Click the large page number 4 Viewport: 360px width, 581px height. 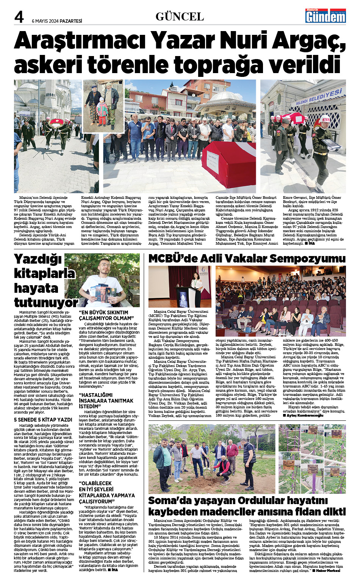pyautogui.click(x=19, y=17)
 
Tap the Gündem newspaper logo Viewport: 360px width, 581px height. pyautogui.click(x=326, y=16)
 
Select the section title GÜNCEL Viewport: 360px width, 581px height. pyautogui.click(x=180, y=17)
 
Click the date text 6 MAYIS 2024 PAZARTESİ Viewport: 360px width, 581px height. pyautogui.click(x=57, y=21)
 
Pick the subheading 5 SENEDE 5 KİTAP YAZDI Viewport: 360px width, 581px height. pyautogui.click(x=43, y=420)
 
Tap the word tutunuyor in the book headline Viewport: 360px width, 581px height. pyautogui.click(x=45, y=303)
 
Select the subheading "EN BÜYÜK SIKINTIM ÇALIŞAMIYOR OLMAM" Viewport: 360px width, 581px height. pyautogui.click(x=106, y=315)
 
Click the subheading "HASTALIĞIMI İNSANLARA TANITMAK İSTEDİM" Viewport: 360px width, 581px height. pyautogui.click(x=106, y=401)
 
